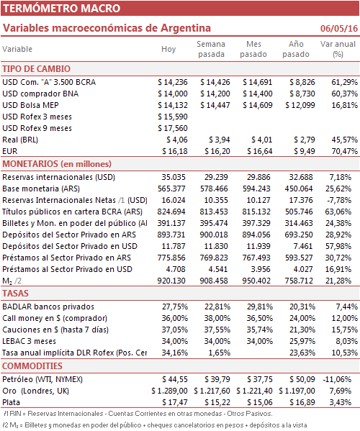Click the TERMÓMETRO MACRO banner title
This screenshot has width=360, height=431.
(x=62, y=8)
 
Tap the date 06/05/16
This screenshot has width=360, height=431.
(x=339, y=28)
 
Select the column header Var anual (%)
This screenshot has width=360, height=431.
(x=338, y=49)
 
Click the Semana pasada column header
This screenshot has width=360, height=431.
(x=211, y=49)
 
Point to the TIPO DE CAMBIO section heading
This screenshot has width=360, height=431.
(x=36, y=69)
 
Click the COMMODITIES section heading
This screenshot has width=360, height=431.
(x=32, y=366)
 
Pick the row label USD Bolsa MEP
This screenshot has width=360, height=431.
(x=30, y=105)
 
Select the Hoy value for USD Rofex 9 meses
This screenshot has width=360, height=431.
(x=173, y=128)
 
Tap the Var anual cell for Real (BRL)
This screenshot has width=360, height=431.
(x=344, y=140)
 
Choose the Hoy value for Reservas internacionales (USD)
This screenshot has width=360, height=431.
(x=174, y=177)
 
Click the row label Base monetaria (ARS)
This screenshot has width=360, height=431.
(x=41, y=189)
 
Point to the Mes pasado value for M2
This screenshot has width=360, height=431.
(x=256, y=281)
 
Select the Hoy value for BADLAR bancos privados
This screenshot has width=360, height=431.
(x=175, y=307)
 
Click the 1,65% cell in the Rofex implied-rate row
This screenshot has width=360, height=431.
(x=219, y=353)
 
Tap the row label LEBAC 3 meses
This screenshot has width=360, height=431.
(x=29, y=341)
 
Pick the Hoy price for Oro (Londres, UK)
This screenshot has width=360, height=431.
(x=169, y=391)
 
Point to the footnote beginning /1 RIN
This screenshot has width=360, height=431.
(x=138, y=414)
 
